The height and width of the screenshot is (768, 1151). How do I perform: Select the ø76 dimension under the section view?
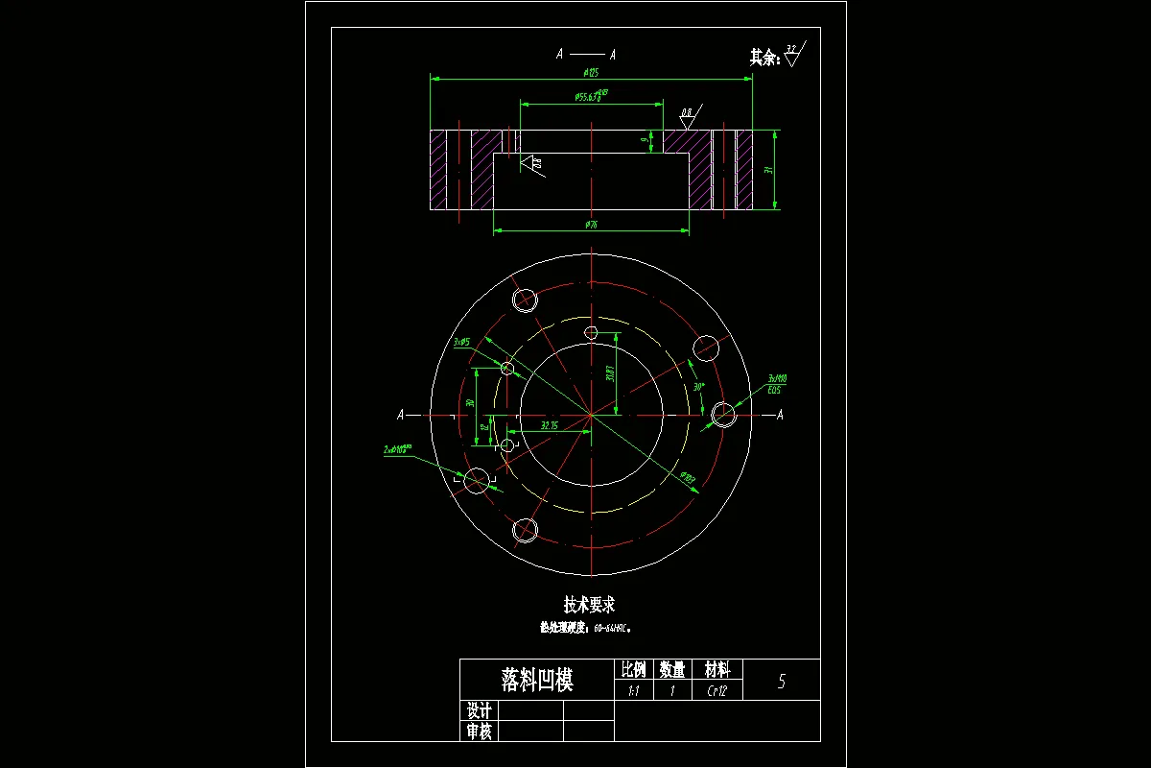(591, 226)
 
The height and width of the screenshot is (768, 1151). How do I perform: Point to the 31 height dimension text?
(767, 169)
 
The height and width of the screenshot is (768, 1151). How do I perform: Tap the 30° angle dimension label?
(698, 387)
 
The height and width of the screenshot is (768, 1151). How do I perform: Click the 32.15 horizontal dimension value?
(550, 424)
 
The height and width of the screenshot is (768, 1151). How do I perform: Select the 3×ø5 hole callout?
(461, 341)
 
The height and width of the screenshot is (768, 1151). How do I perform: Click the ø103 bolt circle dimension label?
(688, 477)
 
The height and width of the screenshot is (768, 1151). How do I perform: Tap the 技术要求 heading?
(589, 605)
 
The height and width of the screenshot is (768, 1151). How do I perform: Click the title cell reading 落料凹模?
(536, 681)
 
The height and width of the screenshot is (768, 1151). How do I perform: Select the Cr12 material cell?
(717, 690)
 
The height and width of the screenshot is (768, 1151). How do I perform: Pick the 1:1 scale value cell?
(633, 690)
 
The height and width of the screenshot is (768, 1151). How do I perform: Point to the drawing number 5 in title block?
(782, 681)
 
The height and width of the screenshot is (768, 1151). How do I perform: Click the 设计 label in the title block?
(480, 710)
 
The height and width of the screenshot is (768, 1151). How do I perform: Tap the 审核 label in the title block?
(480, 732)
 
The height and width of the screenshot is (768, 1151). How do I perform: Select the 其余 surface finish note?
(764, 57)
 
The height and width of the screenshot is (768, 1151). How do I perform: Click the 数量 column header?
(672, 669)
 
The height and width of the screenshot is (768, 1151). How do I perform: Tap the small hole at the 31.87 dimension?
(592, 333)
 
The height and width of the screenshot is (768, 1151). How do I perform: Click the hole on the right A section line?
(723, 415)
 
